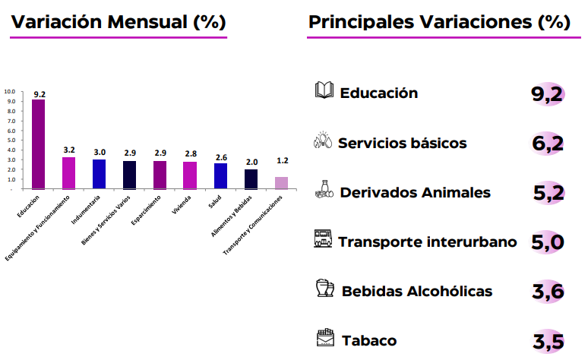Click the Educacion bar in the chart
click(38, 144)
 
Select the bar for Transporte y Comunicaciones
click(281, 183)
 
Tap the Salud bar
click(220, 176)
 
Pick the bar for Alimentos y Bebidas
click(251, 179)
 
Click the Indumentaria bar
click(99, 175)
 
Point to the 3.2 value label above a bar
click(69, 150)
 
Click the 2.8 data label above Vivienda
click(191, 153)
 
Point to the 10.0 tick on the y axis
click(10, 91)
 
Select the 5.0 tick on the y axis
click(11, 141)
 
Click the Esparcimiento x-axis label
click(146, 210)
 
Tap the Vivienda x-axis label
click(182, 205)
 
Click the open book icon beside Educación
click(324, 90)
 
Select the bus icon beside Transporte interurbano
click(323, 238)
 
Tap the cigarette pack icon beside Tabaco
click(325, 337)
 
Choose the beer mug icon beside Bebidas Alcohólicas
click(324, 288)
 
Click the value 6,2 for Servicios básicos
click(548, 144)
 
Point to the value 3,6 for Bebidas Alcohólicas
click(548, 292)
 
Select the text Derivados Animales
click(415, 192)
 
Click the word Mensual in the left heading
click(147, 22)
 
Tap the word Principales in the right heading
click(361, 22)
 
